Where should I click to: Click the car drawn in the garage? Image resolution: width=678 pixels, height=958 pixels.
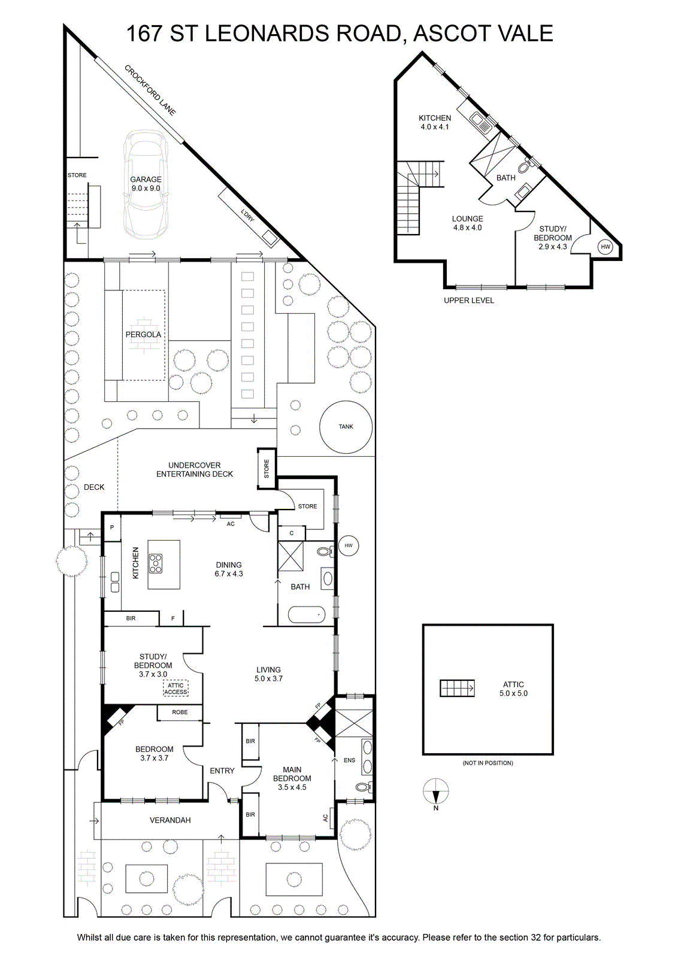click(x=146, y=188)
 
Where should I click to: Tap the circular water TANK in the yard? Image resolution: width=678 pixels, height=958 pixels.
click(x=346, y=427)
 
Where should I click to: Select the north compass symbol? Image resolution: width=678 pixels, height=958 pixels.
click(x=436, y=792)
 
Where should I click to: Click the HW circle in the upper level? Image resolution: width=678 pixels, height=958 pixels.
click(x=606, y=247)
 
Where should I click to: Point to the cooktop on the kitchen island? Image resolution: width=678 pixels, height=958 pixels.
click(x=156, y=563)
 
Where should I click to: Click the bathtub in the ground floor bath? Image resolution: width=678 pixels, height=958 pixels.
click(x=307, y=616)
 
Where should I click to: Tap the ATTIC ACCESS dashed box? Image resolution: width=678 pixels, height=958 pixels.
click(x=175, y=689)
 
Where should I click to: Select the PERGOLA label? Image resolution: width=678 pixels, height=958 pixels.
click(x=143, y=335)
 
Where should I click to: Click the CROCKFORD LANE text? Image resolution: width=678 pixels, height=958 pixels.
click(x=150, y=90)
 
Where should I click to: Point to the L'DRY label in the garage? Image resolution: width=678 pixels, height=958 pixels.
click(x=247, y=216)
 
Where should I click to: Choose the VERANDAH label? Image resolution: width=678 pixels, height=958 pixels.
click(x=170, y=820)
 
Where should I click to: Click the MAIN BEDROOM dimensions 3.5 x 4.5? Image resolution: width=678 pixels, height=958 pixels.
click(x=292, y=787)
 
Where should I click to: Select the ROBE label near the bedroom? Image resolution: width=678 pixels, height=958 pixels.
click(x=180, y=712)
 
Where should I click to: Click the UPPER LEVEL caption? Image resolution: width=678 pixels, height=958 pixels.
click(x=469, y=301)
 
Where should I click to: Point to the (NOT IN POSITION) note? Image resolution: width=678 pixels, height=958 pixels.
click(x=488, y=763)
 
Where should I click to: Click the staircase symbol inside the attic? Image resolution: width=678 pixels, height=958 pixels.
click(x=457, y=689)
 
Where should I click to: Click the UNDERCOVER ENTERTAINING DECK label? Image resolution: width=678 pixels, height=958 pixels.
click(x=195, y=469)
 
